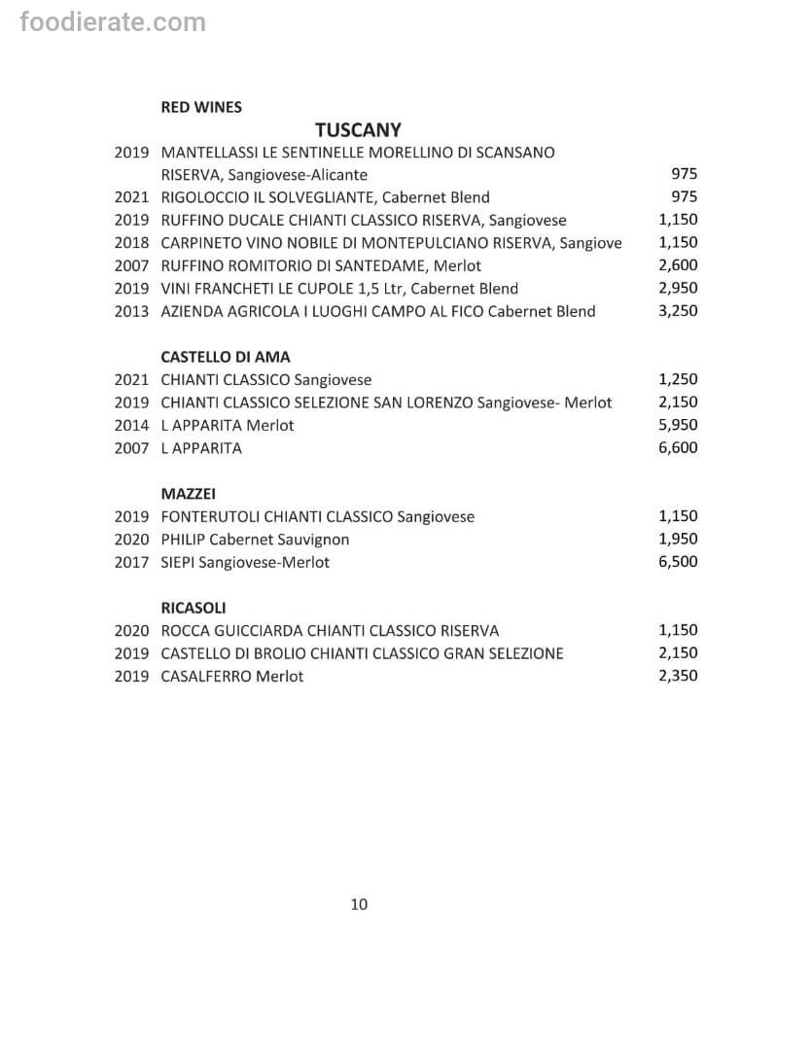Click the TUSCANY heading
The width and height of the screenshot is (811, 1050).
click(359, 129)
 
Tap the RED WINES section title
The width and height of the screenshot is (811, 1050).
click(201, 107)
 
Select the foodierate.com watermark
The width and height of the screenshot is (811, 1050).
click(113, 21)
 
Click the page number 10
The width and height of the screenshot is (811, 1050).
click(359, 904)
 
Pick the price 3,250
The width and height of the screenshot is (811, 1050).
click(678, 311)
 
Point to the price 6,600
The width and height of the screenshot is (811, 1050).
click(678, 448)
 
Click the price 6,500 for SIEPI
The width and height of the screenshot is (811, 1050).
click(678, 562)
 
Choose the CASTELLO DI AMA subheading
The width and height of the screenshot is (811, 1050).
click(226, 357)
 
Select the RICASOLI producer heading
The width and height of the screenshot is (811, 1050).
click(194, 608)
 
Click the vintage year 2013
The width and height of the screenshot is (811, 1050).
click(131, 311)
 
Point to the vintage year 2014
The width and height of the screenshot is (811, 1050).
click(131, 425)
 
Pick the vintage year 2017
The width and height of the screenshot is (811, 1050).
click(131, 562)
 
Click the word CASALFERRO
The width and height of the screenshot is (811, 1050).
click(206, 676)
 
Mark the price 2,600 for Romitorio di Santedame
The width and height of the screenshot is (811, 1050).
click(678, 265)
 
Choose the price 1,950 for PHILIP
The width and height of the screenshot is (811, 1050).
click(678, 539)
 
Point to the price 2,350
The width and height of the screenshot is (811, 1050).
click(678, 676)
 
